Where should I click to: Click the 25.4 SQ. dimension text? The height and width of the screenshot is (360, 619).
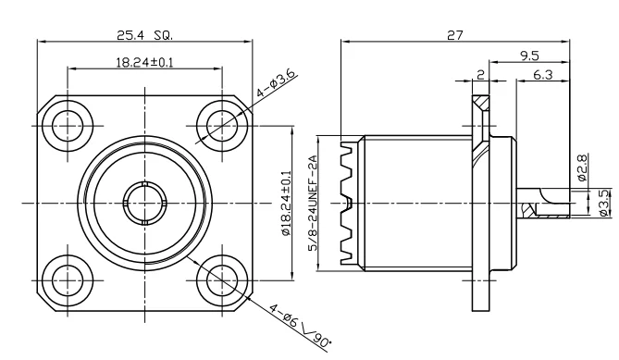[x=144, y=34]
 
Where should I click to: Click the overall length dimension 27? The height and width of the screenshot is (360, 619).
[x=453, y=34]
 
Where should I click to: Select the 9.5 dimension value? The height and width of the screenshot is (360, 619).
[x=530, y=56]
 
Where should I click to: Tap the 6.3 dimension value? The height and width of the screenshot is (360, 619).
[x=543, y=76]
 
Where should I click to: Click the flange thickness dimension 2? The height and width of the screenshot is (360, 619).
[x=481, y=76]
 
